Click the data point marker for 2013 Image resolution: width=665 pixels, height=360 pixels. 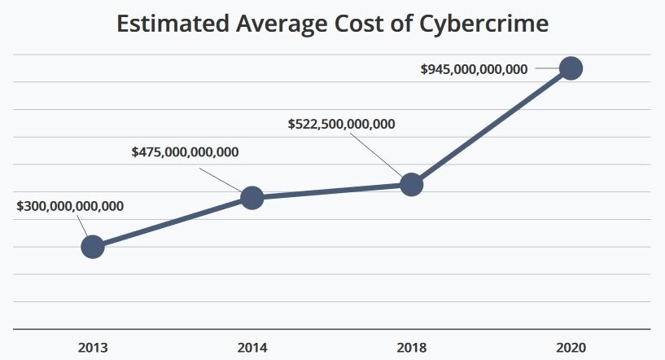93,246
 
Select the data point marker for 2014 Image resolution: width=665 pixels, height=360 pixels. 252,198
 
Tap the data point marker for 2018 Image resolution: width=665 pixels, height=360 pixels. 412,185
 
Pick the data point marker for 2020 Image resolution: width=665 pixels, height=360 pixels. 571,68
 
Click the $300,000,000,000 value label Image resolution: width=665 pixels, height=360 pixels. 70,206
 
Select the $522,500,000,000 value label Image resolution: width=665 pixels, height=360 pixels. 342,125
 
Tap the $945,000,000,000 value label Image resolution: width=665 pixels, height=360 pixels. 474,69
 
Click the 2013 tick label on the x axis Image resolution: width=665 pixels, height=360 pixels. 93,347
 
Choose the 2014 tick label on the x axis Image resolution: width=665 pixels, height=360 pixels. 252,347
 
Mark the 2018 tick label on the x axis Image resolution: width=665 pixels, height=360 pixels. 412,347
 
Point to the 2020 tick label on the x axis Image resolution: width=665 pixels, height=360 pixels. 571,347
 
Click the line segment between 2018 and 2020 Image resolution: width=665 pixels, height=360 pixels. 492,126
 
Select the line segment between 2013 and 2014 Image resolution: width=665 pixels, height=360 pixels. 173,222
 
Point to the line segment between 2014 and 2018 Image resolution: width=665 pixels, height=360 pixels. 332,191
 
